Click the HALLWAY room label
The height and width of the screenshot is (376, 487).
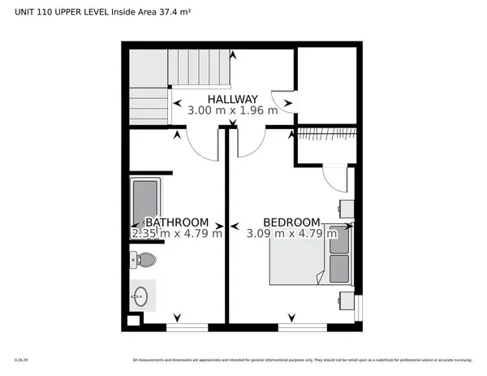tap(232, 99)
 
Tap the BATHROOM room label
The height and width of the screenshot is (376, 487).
tap(177, 222)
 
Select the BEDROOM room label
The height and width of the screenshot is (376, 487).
tap(291, 222)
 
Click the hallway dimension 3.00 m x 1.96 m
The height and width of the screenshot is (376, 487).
tap(232, 110)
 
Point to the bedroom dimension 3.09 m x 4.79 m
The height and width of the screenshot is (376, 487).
tap(291, 233)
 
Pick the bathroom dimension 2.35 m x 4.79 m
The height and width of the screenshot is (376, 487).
tap(177, 233)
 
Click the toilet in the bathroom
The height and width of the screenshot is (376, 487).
tap(144, 260)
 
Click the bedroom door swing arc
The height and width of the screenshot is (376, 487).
tap(252, 143)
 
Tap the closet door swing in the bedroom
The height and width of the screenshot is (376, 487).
tap(334, 179)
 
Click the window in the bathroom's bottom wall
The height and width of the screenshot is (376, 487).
tap(187, 326)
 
